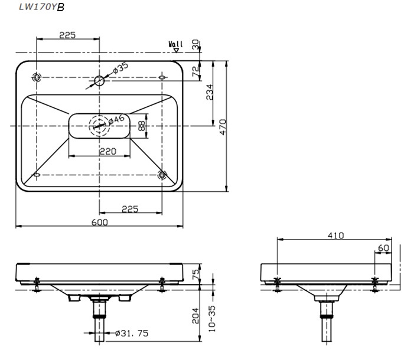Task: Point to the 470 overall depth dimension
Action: coord(223,126)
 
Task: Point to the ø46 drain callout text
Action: coord(116,120)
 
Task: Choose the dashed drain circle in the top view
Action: coord(98,125)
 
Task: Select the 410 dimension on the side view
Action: coord(335,235)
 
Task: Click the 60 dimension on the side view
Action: coord(383,248)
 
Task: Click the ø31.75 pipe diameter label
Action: coord(132,333)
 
